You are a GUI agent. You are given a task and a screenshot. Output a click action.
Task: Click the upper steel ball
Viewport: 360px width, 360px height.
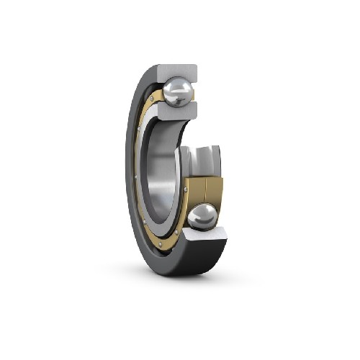click(177, 92)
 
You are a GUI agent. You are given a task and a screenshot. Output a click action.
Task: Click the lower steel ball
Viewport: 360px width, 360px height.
click(202, 217)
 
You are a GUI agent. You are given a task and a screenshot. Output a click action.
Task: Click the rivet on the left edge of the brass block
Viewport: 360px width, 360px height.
click(186, 189)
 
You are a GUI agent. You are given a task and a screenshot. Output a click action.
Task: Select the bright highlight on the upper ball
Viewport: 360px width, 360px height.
click(173, 87)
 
